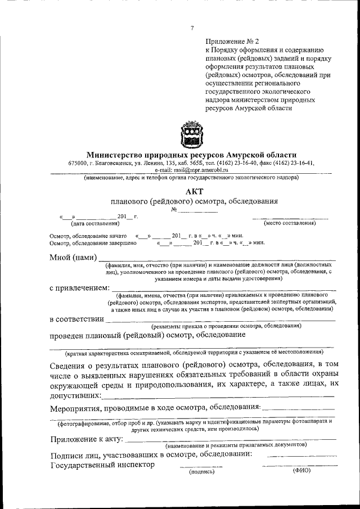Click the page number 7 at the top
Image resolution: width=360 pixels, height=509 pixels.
[192, 28]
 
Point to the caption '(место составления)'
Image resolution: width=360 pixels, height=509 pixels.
[290, 223]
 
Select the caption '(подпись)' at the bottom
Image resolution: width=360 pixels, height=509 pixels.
[201, 471]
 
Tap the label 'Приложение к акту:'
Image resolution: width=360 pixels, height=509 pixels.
[86, 439]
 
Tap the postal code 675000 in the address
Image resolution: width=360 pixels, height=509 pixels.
[78, 163]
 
